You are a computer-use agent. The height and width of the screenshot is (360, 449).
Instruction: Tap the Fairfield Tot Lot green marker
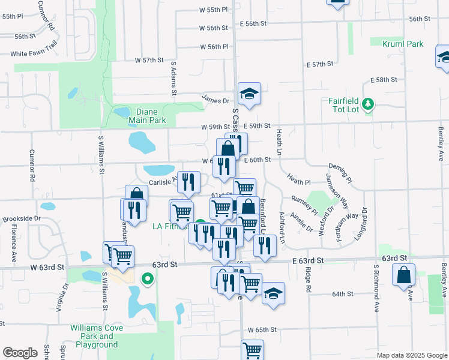[369, 105]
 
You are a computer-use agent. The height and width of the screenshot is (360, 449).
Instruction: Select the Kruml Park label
[405, 44]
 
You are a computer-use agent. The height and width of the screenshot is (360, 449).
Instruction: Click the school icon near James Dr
[250, 94]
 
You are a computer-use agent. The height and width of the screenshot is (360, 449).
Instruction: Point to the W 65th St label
[262, 330]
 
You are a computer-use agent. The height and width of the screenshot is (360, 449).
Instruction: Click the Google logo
[19, 353]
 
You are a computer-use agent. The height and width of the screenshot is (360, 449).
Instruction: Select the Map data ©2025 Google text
[411, 355]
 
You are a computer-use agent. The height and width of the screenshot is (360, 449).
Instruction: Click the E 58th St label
[384, 80]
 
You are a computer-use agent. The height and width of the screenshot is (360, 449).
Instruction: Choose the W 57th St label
[149, 60]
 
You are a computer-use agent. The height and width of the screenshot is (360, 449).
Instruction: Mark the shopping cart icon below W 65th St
[253, 349]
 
